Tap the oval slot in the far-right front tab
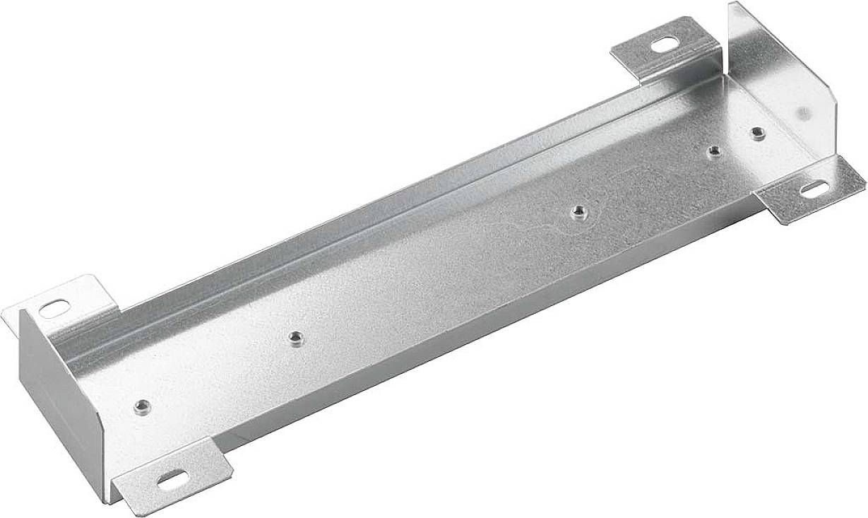[x=814, y=189]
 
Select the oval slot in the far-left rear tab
[x=54, y=309]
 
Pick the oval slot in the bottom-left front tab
[x=171, y=480]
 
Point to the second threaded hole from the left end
[x=296, y=339]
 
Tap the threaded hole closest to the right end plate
[x=758, y=133]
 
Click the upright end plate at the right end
[x=777, y=78]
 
